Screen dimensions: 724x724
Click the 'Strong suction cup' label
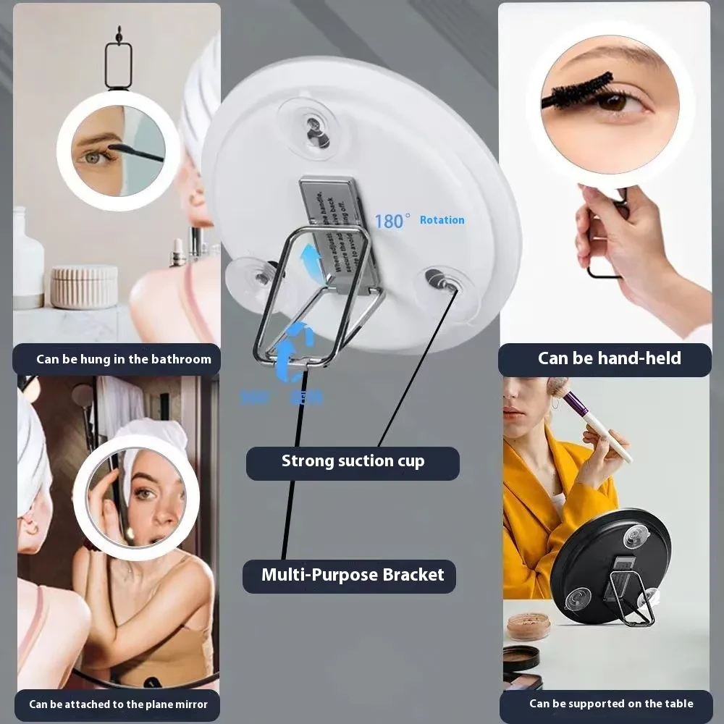353,462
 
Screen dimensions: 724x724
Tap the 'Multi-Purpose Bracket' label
353,576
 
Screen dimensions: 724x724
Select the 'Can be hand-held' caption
609,358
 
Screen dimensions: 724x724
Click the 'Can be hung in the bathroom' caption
124,359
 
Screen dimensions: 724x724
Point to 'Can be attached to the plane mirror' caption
118,704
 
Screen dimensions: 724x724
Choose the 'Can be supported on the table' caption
610,704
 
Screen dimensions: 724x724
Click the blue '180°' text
392,221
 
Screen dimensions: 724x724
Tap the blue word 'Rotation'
442,220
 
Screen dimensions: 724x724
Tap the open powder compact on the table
529,625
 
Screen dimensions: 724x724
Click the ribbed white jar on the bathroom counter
84,287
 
